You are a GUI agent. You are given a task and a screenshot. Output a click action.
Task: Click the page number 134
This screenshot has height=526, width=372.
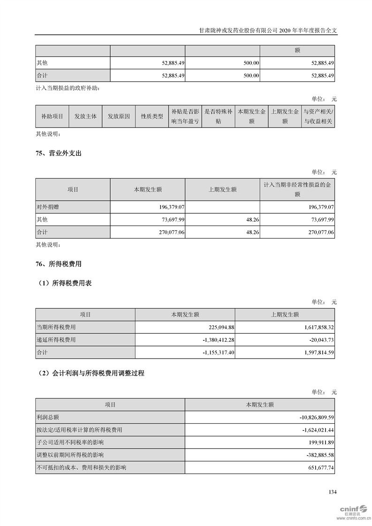coord(332,492)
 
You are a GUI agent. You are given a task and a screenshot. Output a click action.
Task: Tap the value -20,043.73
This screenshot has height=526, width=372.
coord(319,340)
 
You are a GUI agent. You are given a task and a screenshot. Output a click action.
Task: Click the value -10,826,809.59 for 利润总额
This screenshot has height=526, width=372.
coord(310,417)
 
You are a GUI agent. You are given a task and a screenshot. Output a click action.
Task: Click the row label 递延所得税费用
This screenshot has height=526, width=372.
coord(56,340)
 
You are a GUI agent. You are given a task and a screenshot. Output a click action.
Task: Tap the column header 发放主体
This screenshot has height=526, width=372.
coord(85,116)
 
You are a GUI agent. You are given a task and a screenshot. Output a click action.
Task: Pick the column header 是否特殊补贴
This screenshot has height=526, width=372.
coord(218,116)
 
